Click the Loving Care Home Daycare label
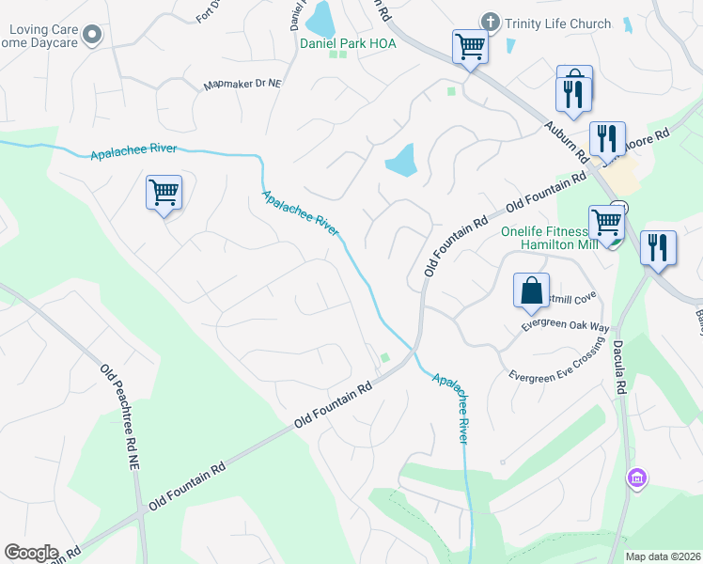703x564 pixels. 39,36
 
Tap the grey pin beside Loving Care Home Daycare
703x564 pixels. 92,36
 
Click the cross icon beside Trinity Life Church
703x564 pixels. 489,22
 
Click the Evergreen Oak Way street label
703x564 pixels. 566,325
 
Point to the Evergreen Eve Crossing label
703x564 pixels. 555,367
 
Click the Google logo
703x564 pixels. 31,553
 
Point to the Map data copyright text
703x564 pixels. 664,556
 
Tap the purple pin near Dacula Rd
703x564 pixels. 637,478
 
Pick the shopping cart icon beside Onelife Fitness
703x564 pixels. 606,223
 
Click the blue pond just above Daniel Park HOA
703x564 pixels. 320,16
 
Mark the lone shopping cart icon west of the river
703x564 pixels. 164,193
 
